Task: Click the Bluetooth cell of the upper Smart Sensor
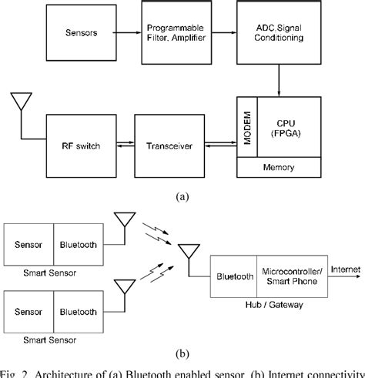coord(78,245)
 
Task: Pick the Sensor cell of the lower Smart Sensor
coord(29,312)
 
